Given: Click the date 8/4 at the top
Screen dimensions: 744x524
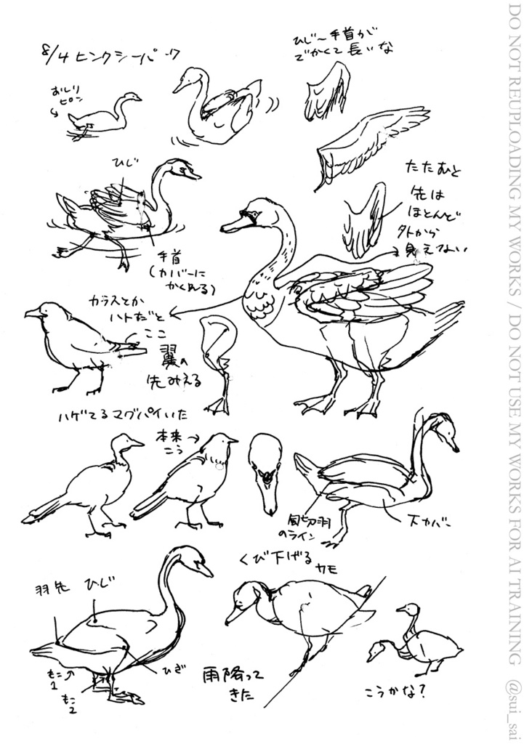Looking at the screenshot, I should (x=54, y=55).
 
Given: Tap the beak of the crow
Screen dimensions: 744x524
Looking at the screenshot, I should (x=31, y=314).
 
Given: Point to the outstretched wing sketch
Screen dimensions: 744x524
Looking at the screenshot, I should (x=371, y=142).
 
